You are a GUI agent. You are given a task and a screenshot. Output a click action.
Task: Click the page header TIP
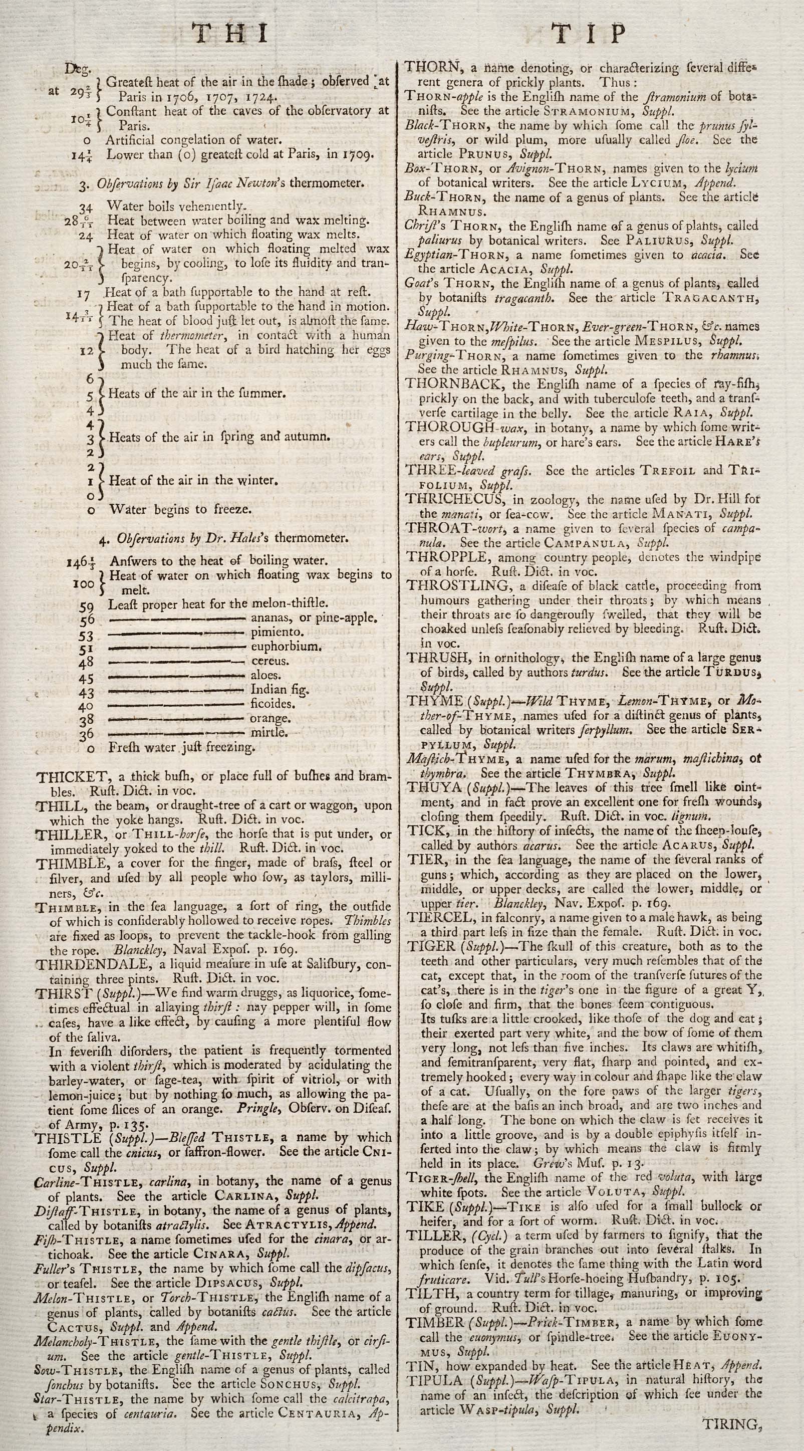pos(590,35)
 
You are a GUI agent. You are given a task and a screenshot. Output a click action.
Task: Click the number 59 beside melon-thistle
pos(86,605)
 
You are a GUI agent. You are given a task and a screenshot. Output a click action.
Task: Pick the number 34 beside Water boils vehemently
pos(86,208)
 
